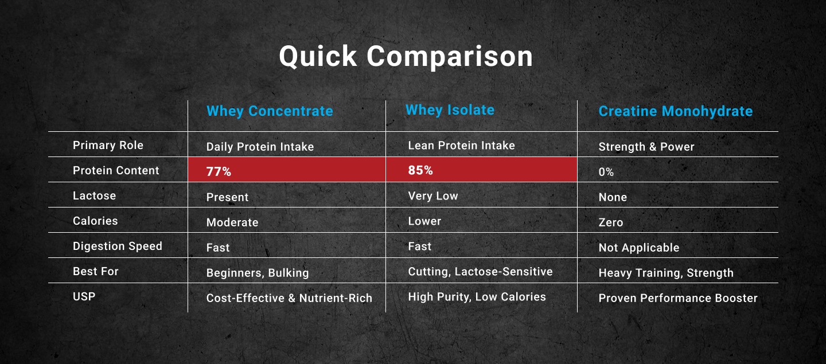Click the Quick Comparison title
406,57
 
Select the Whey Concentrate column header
270,111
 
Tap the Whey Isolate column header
450,110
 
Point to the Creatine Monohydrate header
676,111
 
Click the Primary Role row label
108,145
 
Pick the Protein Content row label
116,170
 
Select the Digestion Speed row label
117,246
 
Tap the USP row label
84,296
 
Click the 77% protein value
219,171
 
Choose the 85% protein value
420,170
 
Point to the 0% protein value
606,172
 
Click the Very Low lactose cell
433,196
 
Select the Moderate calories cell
232,222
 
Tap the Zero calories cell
611,222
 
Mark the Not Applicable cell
638,248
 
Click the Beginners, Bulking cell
258,273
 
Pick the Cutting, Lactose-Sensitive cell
480,272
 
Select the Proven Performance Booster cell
678,298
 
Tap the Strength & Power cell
646,147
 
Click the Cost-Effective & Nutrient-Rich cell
289,298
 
